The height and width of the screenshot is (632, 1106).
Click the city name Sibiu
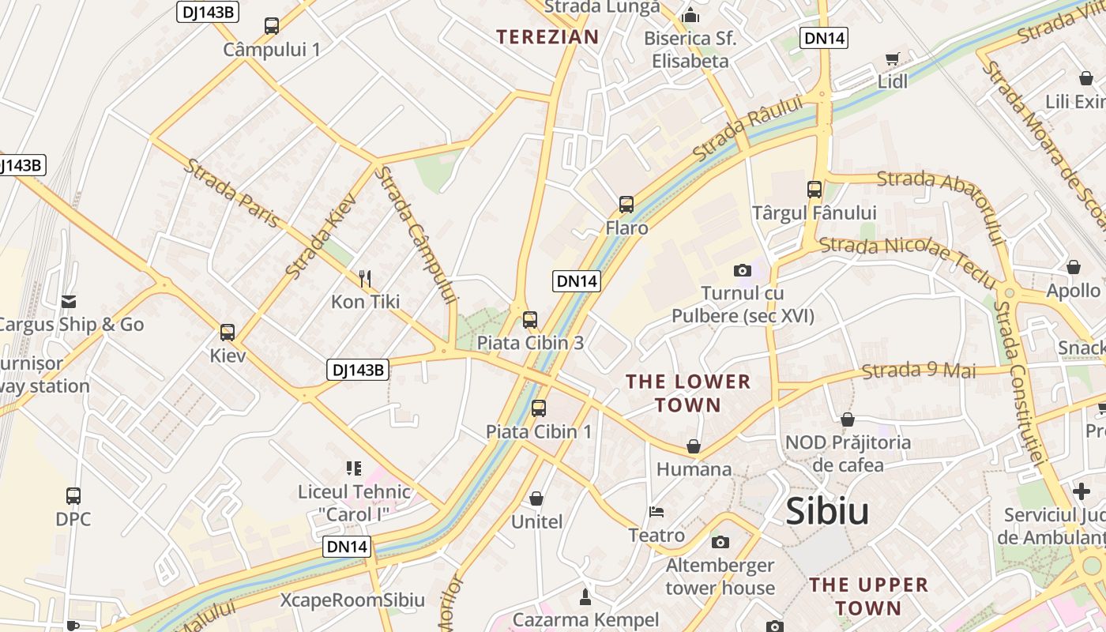[x=827, y=512]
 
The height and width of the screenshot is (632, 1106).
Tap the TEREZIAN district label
[x=547, y=36]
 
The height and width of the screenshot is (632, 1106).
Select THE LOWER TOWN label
[x=687, y=393]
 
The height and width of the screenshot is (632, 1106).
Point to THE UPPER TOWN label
[x=868, y=596]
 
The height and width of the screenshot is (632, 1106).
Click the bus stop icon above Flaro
[x=626, y=205]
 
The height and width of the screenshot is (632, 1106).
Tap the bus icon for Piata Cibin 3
[x=530, y=320]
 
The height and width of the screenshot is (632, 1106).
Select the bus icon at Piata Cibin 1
[x=539, y=408]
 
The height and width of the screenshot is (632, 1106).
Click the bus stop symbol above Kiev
[x=228, y=333]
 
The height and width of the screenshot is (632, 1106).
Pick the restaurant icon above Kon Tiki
[x=365, y=278]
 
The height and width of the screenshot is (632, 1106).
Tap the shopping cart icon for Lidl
[x=893, y=58]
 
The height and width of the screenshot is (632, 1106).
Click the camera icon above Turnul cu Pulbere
[x=742, y=270]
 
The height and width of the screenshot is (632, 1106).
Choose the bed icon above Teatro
[x=656, y=512]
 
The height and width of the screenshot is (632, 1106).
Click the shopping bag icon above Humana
[x=694, y=446]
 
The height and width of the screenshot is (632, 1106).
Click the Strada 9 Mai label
[x=919, y=370]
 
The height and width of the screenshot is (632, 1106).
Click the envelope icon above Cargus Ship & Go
[x=69, y=301]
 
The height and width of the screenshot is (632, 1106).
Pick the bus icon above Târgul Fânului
[x=814, y=190]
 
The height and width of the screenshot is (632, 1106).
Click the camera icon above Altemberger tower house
[x=720, y=542]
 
